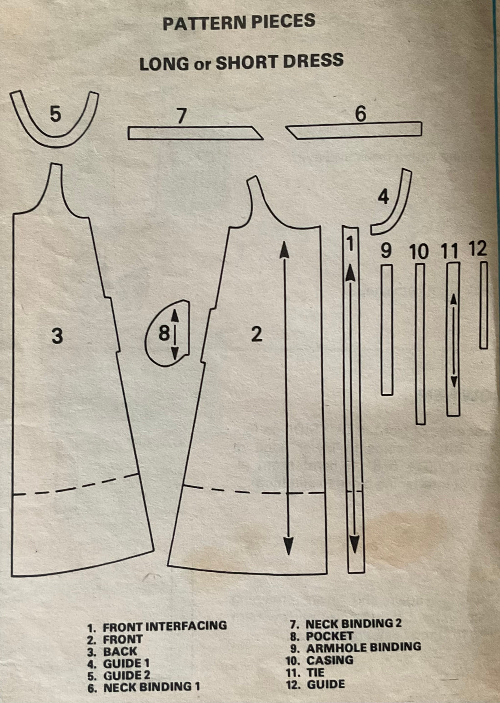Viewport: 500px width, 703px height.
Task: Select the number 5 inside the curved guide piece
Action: coord(55,114)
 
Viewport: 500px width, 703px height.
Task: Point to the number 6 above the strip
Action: coord(360,114)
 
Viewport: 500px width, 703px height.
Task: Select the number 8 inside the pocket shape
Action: coord(164,333)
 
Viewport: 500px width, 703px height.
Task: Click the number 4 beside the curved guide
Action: coord(383,198)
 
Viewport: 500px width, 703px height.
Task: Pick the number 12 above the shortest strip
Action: coord(478,249)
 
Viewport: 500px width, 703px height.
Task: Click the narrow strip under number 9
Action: coord(387,330)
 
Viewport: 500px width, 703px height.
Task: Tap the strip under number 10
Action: coord(420,344)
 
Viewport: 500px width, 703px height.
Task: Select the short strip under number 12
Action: coord(484,305)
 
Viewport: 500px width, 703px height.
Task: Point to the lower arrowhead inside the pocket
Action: coord(175,353)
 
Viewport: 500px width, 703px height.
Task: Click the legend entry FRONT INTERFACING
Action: coord(165,625)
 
